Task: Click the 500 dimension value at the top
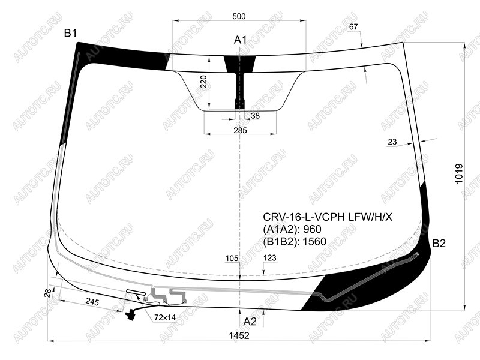click(239, 16)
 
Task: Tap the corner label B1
click(70, 33)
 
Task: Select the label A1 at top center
click(241, 40)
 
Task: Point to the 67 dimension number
click(353, 27)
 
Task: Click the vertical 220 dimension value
click(204, 82)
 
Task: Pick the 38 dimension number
click(255, 116)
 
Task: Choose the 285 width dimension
click(240, 130)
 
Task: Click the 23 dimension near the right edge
click(392, 142)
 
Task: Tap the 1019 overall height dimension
click(459, 173)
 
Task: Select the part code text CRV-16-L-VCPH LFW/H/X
click(328, 217)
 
